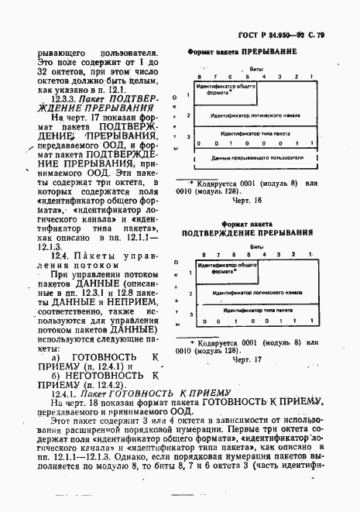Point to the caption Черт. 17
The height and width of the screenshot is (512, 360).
pos(248,360)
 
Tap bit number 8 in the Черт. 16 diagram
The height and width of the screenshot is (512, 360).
pos(198,77)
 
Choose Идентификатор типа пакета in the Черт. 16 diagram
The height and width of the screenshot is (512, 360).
pos(252,132)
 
